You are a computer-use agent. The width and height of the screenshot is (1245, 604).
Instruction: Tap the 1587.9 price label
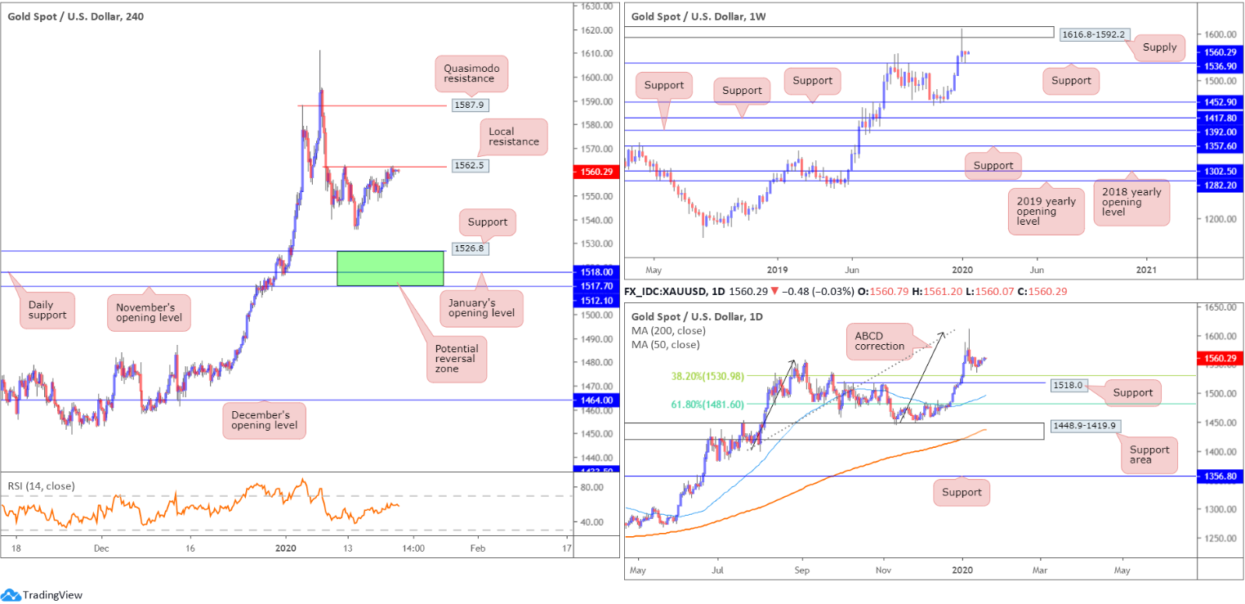click(469, 105)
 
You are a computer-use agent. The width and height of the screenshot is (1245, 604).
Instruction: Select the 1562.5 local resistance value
click(469, 165)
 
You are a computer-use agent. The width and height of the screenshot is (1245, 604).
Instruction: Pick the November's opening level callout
click(148, 312)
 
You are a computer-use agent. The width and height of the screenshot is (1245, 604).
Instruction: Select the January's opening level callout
click(481, 308)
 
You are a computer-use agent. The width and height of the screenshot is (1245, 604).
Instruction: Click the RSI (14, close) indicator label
click(41, 486)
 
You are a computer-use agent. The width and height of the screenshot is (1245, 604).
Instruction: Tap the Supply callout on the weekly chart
click(1160, 47)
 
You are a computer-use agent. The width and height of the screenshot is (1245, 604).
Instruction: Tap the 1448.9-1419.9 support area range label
click(1083, 426)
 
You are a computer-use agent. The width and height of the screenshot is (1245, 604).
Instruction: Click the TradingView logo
click(42, 595)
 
